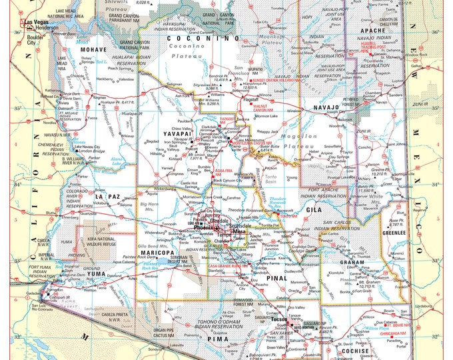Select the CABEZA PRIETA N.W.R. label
(126, 316)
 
